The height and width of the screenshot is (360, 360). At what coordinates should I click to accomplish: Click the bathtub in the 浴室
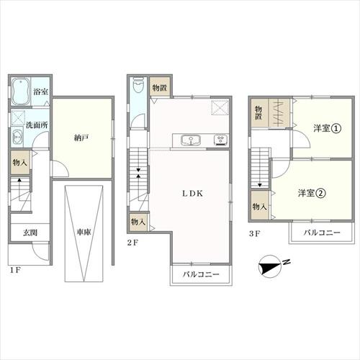click(x=21, y=91)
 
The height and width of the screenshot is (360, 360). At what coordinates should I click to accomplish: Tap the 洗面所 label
click(x=37, y=125)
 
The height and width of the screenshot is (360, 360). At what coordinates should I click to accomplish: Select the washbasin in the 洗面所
click(x=17, y=137)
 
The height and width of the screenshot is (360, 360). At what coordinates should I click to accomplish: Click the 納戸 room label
click(x=81, y=138)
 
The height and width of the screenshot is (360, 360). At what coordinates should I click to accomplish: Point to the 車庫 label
click(x=84, y=232)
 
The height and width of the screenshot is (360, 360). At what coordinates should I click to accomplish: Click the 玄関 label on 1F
click(x=30, y=233)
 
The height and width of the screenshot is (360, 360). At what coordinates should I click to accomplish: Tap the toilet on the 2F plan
click(x=138, y=85)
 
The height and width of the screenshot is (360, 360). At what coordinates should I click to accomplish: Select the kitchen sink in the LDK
click(x=191, y=140)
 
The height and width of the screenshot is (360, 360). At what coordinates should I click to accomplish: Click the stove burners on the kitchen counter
click(x=221, y=140)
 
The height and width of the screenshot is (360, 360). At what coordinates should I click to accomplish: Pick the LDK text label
click(x=193, y=194)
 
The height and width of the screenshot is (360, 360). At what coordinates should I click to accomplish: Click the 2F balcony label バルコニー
click(x=201, y=274)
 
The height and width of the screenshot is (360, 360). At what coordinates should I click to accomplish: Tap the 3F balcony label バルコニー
click(x=322, y=233)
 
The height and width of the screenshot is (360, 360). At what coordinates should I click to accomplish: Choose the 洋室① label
click(x=327, y=128)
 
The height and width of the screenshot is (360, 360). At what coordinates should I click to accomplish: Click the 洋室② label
click(x=312, y=193)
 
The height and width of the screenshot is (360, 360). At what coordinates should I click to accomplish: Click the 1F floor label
click(x=16, y=270)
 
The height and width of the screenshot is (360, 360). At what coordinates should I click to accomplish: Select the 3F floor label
click(x=254, y=233)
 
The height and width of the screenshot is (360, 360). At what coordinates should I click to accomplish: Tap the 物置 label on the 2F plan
click(x=160, y=88)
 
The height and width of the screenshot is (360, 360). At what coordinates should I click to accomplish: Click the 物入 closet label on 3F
click(x=259, y=207)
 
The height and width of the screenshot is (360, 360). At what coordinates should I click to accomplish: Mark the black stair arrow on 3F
click(x=260, y=185)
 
